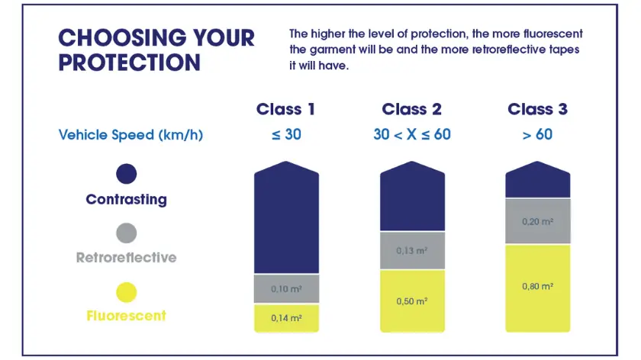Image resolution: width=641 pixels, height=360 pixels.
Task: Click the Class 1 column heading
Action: pyautogui.click(x=285, y=109)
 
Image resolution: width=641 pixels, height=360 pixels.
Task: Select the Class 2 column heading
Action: pyautogui.click(x=411, y=109)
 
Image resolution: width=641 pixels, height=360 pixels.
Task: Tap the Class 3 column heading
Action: pyautogui.click(x=537, y=109)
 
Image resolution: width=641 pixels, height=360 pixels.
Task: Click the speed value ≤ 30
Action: pyautogui.click(x=285, y=135)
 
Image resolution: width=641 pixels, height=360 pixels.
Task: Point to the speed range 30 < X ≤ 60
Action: pyautogui.click(x=411, y=135)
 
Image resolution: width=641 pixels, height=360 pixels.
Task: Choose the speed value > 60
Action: pyautogui.click(x=537, y=135)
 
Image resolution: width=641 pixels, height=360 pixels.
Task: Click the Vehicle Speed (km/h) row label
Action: pyautogui.click(x=130, y=135)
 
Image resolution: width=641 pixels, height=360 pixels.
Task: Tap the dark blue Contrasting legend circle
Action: pyautogui.click(x=127, y=174)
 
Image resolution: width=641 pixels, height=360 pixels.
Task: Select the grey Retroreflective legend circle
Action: pyautogui.click(x=127, y=233)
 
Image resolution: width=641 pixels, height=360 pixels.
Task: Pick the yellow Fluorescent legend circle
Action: pyautogui.click(x=127, y=291)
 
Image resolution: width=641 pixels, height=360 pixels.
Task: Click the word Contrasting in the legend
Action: pyautogui.click(x=127, y=200)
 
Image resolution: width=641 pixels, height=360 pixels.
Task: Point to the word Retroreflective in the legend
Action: pyautogui.click(x=127, y=258)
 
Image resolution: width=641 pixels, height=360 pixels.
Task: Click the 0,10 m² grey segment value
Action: pyautogui.click(x=285, y=290)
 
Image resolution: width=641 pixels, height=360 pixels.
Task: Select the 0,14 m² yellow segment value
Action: pyautogui.click(x=285, y=318)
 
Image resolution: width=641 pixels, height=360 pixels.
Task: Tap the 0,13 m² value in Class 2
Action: pyautogui.click(x=411, y=251)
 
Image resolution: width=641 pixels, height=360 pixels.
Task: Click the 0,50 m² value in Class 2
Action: pyautogui.click(x=411, y=301)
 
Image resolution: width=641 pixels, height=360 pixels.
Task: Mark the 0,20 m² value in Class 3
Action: pyautogui.click(x=537, y=221)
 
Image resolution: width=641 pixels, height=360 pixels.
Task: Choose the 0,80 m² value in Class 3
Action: pyautogui.click(x=537, y=287)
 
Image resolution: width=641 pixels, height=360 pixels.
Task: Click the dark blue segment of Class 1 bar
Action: pyautogui.click(x=285, y=221)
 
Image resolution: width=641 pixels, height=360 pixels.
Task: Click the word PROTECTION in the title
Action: pyautogui.click(x=130, y=63)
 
